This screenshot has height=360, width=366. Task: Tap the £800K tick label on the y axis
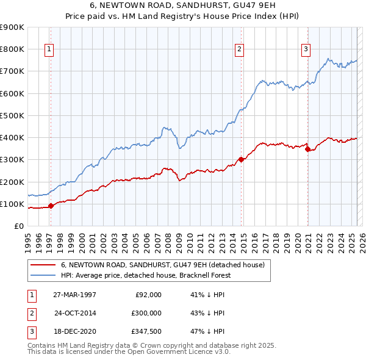12,49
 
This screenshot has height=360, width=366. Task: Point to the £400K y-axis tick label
12,137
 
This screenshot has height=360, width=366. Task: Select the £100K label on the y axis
12,204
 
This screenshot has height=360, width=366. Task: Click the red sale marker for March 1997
51,206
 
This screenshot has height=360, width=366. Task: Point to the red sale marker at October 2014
241,160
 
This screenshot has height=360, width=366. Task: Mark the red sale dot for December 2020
307,149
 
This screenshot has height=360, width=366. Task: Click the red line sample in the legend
43,265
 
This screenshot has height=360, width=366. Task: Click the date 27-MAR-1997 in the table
75,295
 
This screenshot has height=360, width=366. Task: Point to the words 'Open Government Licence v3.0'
181,352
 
